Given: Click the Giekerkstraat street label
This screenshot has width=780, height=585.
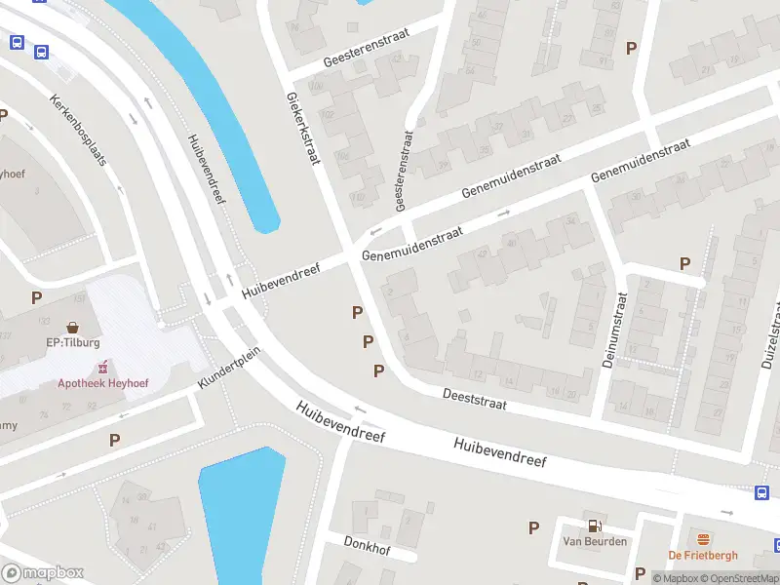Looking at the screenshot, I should [302, 128].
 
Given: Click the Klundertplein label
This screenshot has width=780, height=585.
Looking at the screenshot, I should [229, 368].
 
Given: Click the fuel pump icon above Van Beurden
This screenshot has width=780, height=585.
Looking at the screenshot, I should [594, 525].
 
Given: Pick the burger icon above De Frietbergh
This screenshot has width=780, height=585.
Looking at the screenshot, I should [702, 539].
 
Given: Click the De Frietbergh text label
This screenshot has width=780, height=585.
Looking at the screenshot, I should [702, 556].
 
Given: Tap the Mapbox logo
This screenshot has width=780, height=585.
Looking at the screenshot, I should [43, 573].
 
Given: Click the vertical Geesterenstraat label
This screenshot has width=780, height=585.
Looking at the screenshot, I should [404, 172].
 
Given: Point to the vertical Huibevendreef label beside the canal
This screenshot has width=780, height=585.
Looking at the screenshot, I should [206, 169].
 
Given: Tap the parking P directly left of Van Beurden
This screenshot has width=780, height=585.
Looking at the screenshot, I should [533, 527].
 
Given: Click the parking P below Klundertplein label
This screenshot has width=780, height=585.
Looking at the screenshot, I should [115, 440].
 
